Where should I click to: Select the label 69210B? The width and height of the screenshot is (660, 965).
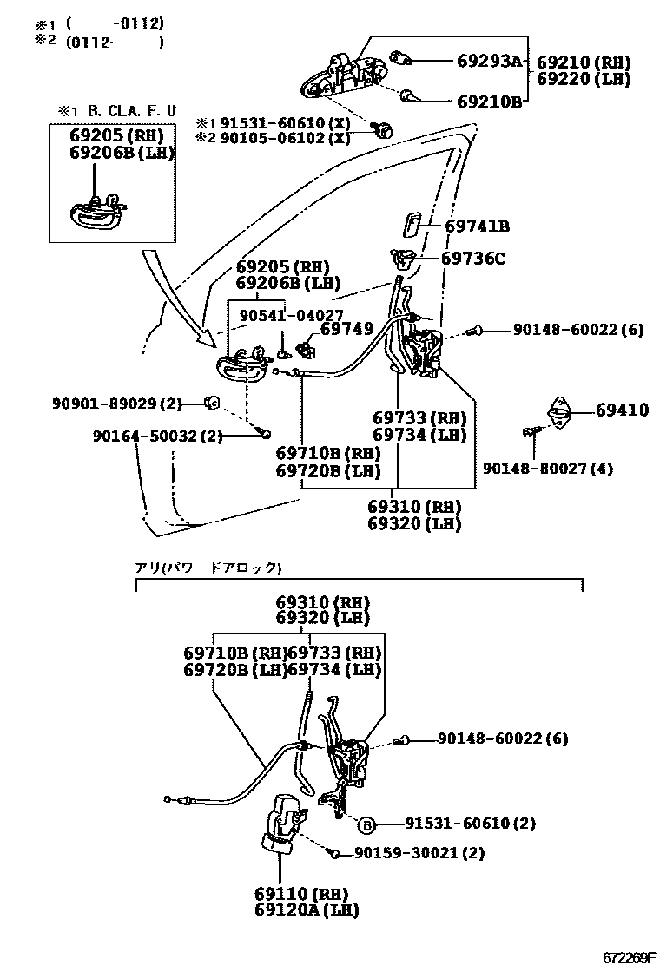click(x=489, y=102)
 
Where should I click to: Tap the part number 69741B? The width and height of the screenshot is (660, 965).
click(x=477, y=226)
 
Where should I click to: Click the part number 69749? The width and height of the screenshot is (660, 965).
click(x=346, y=329)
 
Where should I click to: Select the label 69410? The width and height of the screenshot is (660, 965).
click(x=622, y=410)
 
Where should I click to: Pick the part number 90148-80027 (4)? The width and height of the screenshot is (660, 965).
click(x=548, y=469)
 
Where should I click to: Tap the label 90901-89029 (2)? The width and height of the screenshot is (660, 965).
click(x=117, y=404)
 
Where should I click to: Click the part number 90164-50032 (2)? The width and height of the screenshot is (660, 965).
click(x=158, y=437)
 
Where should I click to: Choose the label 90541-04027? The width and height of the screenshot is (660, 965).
click(x=294, y=315)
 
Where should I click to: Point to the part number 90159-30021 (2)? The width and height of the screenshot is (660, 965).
click(x=419, y=853)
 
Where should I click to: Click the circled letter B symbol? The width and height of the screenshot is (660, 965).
click(x=366, y=824)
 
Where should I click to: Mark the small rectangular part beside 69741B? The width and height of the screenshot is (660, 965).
click(x=410, y=225)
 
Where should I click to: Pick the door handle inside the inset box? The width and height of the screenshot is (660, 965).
click(x=97, y=211)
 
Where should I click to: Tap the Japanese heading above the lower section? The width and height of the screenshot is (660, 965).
click(x=208, y=568)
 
